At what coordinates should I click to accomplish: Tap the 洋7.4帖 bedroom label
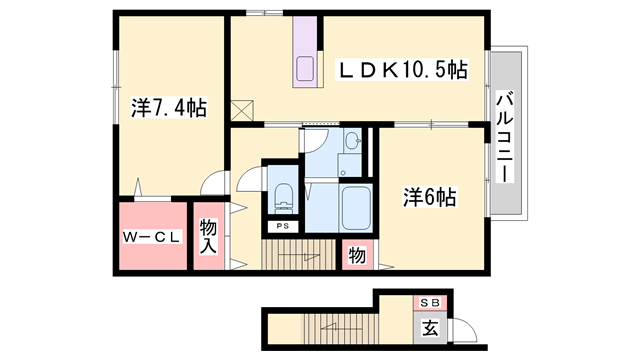click(x=168, y=107)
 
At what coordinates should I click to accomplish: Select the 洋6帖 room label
click(x=430, y=196)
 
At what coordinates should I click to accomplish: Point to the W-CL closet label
click(x=152, y=237)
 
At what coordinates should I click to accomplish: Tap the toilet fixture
click(x=283, y=196)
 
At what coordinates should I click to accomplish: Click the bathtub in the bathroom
click(x=356, y=208)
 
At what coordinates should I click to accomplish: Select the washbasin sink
click(x=353, y=143)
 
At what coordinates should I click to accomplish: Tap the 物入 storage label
click(x=208, y=237)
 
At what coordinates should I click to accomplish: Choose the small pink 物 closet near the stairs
click(x=356, y=255)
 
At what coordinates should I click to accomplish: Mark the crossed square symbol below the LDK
click(x=243, y=110)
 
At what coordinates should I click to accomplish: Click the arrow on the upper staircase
click(x=296, y=256)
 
